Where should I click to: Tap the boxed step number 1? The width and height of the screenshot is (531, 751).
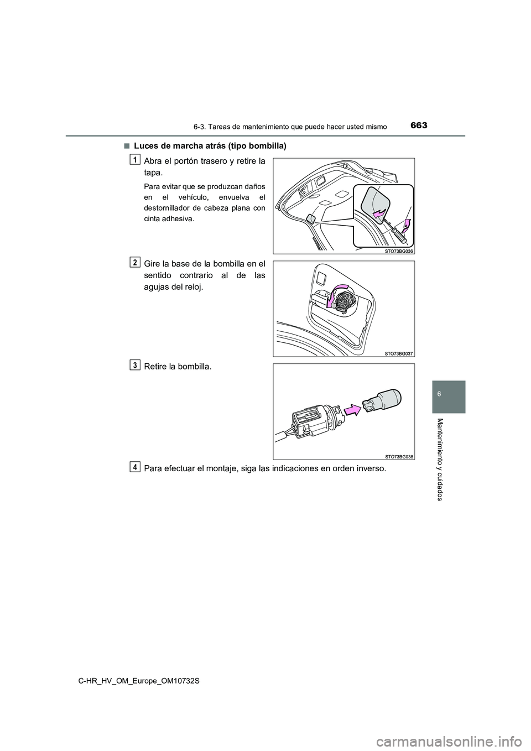tap(135, 159)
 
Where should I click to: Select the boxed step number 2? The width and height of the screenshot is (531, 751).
tap(135, 262)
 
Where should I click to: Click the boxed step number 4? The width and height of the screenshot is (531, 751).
tap(135, 467)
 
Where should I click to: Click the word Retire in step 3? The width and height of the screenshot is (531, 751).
tap(157, 367)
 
